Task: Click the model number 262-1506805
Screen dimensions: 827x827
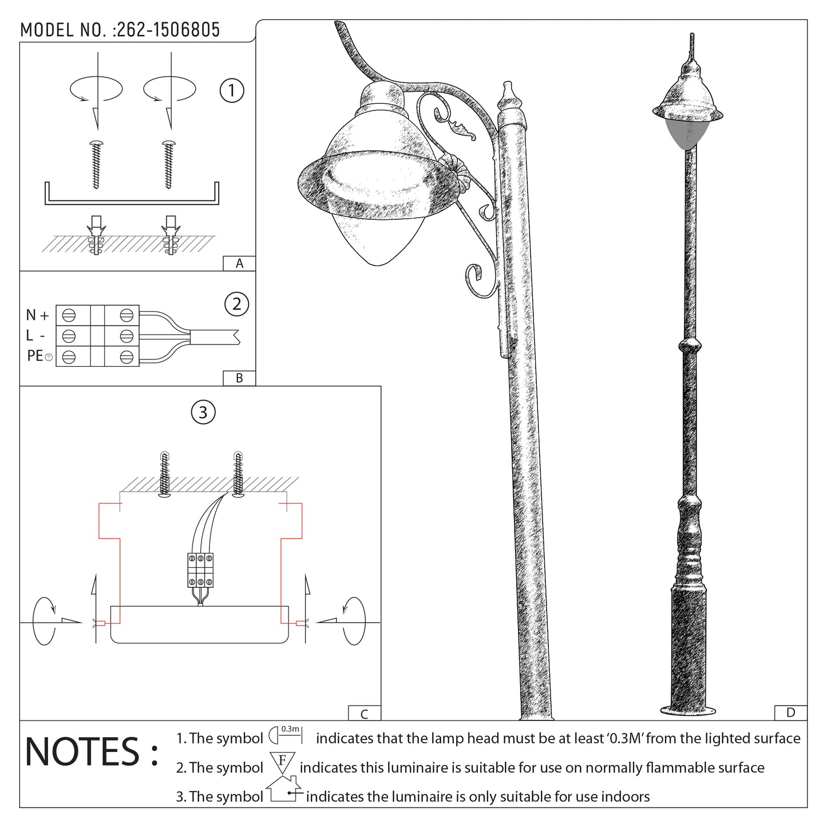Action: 168,30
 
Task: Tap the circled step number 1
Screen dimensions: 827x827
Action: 232,90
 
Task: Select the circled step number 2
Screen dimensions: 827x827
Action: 237,304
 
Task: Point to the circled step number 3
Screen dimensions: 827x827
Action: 203,412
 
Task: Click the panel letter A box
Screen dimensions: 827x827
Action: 239,264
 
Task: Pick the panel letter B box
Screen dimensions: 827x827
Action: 239,378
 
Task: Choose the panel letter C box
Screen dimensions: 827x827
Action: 365,714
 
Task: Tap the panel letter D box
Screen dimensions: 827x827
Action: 790,713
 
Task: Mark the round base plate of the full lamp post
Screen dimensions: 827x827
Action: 687,710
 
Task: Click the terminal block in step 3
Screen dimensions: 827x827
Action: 200,570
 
